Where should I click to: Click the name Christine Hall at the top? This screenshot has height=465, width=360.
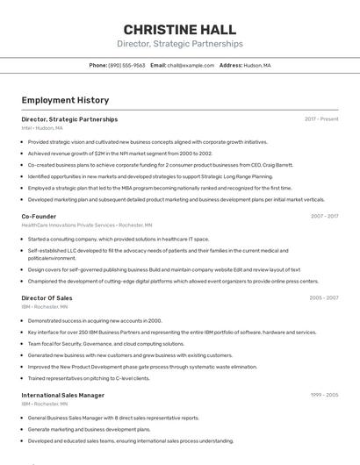179,28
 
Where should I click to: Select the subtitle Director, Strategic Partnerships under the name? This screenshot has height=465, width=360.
179,44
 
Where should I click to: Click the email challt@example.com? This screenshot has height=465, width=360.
191,66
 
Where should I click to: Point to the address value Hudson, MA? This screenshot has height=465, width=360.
257,66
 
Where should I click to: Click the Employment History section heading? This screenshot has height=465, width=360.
65,100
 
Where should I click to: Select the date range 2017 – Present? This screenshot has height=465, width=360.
321,119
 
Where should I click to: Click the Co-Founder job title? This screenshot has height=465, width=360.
39,216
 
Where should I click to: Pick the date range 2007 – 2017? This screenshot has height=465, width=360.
324,216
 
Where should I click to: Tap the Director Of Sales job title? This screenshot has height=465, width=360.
47,298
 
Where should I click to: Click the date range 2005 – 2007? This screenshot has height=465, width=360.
324,298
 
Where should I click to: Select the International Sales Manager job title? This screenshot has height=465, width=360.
62,395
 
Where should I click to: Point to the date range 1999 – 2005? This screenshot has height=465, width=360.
324,395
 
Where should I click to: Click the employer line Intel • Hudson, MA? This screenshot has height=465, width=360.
42,128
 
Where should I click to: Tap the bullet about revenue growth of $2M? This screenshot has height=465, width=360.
120,153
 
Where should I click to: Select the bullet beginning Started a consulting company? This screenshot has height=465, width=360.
119,238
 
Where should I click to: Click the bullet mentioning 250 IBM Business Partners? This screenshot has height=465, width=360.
171,333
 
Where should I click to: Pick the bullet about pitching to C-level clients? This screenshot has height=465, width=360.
89,378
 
